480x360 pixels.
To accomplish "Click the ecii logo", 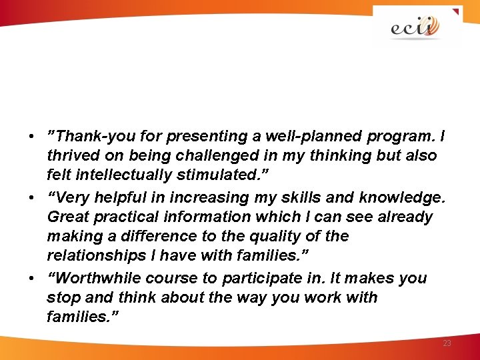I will point(415,27).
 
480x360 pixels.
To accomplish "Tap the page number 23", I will point(447,343).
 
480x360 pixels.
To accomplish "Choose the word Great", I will point(67,217).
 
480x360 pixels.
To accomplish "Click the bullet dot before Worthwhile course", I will point(32,279).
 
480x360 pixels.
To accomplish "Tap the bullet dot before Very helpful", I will point(32,198).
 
